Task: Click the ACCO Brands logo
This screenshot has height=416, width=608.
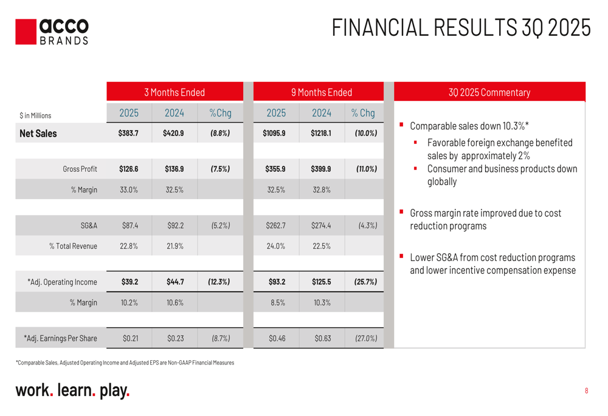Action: (x=52, y=32)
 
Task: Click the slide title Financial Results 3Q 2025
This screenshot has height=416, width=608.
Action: (x=461, y=28)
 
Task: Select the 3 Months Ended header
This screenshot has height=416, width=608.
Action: (x=174, y=92)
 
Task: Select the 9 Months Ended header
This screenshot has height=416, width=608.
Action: (x=321, y=92)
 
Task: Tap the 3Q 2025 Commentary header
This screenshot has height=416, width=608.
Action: (x=489, y=92)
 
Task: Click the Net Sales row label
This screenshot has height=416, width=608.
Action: (x=38, y=134)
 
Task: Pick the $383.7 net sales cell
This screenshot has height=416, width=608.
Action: (x=128, y=133)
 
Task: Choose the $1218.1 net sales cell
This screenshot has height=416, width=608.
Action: (x=321, y=133)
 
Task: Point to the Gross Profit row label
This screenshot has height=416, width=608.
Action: (x=80, y=169)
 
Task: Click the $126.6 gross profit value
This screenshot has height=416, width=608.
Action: (x=128, y=169)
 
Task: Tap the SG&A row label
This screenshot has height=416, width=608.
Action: (x=89, y=226)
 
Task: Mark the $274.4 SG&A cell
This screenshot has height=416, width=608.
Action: (x=321, y=226)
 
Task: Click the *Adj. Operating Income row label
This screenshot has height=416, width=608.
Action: (x=62, y=282)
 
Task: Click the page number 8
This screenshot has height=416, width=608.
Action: (x=586, y=390)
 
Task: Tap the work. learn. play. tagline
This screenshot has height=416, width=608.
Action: (x=72, y=390)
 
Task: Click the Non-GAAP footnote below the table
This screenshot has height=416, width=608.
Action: (x=125, y=363)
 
